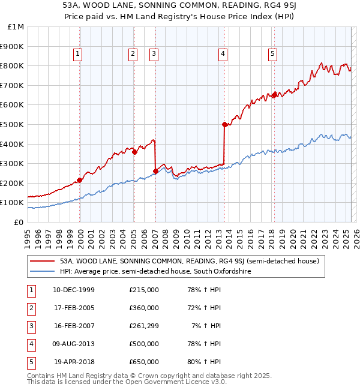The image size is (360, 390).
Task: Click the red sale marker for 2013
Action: coord(224,125)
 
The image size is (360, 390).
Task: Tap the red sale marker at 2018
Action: coord(274,95)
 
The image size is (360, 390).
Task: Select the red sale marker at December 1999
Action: coord(80,180)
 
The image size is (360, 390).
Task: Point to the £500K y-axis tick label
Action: coord(12,124)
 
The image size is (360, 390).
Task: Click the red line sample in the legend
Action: coord(42,261)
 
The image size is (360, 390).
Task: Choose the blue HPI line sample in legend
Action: coord(42,271)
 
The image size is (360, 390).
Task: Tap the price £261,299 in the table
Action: coord(144,326)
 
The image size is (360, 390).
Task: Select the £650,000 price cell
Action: coord(144,362)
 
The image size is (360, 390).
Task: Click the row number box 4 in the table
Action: coord(31,344)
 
